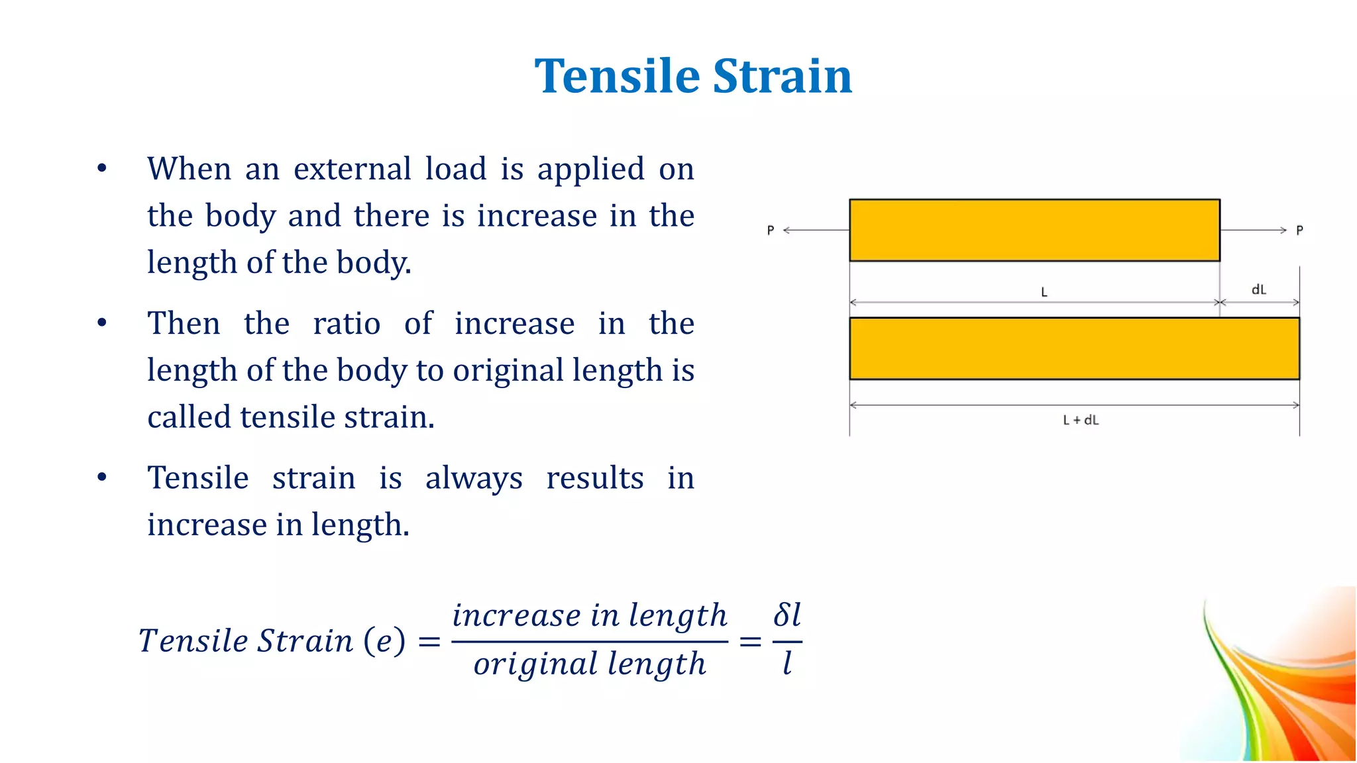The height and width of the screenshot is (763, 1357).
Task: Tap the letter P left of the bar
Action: [771, 230]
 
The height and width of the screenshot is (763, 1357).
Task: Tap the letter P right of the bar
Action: [1299, 230]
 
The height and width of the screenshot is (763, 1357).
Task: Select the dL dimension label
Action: [1258, 289]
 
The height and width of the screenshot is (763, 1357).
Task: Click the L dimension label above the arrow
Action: [1044, 292]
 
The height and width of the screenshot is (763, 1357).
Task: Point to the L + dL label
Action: [1081, 420]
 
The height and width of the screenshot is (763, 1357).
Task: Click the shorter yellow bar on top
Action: [1034, 230]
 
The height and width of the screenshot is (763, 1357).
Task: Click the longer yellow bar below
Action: [1074, 348]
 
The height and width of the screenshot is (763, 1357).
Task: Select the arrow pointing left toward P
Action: [816, 230]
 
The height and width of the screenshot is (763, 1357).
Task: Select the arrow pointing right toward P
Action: [1253, 230]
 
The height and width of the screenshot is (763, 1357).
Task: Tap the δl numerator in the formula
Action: [787, 615]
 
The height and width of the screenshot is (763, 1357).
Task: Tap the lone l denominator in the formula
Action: [787, 663]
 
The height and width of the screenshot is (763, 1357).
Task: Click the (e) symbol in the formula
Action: [384, 640]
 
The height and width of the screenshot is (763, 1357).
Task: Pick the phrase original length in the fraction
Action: [590, 664]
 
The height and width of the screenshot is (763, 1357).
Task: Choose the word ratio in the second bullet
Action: [347, 324]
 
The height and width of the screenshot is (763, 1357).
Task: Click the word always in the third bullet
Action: [474, 478]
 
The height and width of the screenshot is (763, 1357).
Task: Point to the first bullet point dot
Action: [101, 168]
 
